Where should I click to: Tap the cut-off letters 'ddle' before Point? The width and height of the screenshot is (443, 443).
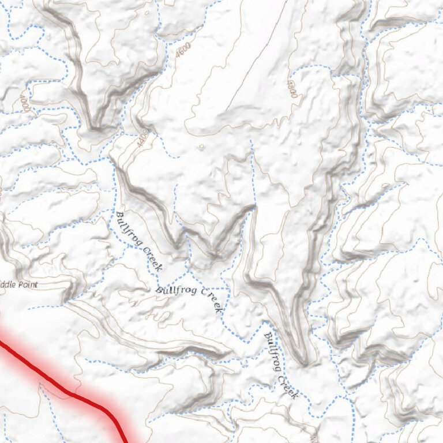(9, 285)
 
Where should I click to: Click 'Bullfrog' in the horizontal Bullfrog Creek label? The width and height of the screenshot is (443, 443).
(175, 289)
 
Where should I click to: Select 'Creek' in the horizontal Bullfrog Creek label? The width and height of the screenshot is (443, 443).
(211, 299)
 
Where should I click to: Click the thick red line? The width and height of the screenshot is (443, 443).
(69, 392)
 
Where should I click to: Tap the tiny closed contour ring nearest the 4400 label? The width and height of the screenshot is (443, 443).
(201, 147)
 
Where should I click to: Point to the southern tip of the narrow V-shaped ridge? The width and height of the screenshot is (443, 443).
(304, 362)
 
